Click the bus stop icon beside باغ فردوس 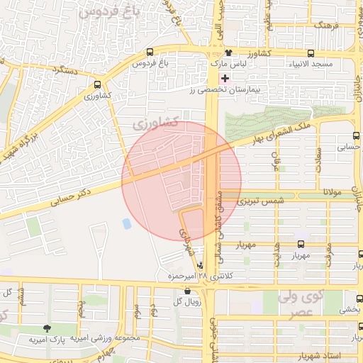click(149, 52)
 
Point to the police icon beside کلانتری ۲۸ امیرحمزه click(199, 265)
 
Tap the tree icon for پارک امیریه click(47, 328)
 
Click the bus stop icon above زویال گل click(186, 291)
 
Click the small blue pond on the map click(127, 223)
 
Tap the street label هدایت click(277, 254)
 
